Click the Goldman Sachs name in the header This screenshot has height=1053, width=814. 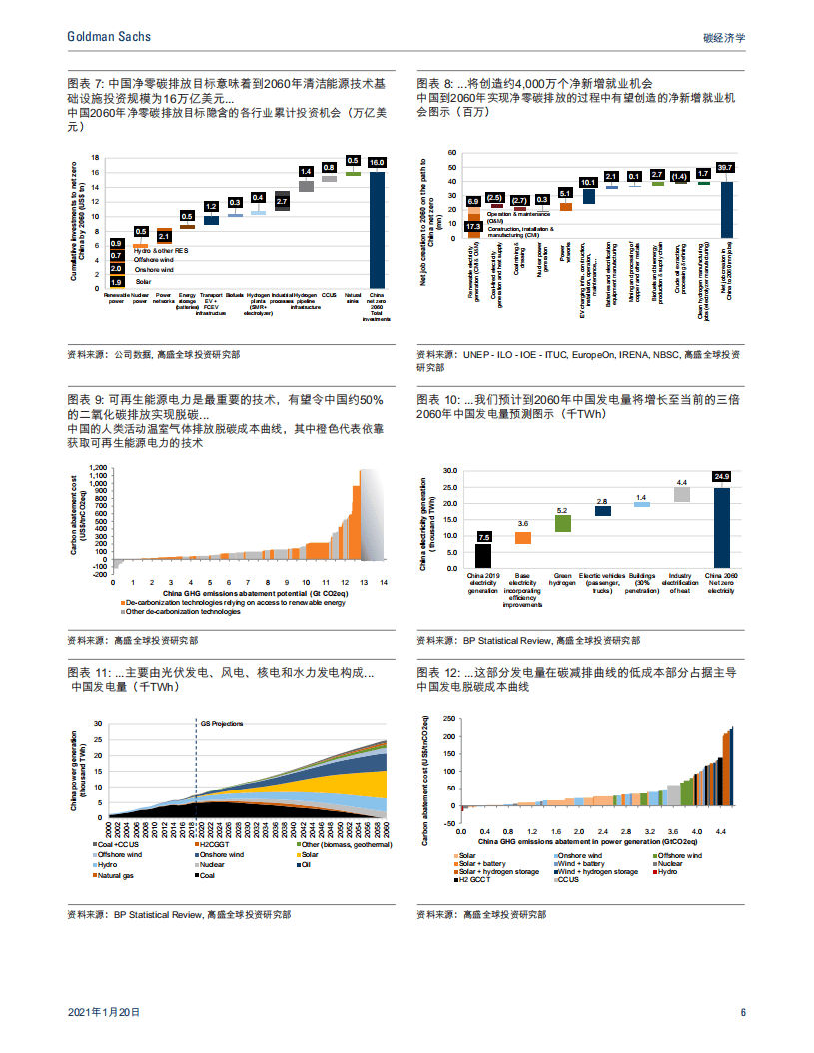[x=109, y=36]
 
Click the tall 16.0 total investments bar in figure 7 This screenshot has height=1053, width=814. [x=377, y=230]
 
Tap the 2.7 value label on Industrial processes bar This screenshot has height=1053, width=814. [x=282, y=202]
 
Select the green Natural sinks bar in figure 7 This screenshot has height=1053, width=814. [x=353, y=173]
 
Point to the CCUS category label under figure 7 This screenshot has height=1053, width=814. [x=329, y=295]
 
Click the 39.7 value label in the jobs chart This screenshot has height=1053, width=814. [x=725, y=167]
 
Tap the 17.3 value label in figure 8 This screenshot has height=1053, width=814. [x=474, y=227]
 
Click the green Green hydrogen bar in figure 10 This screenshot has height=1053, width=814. [x=562, y=522]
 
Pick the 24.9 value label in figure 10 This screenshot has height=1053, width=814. [x=721, y=476]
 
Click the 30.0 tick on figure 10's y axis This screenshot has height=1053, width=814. [x=449, y=470]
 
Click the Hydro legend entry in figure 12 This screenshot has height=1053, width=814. [x=667, y=871]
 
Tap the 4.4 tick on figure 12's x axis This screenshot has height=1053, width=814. [x=721, y=830]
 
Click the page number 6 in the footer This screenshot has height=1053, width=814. [x=743, y=1011]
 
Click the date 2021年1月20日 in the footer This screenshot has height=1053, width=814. [x=104, y=1011]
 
